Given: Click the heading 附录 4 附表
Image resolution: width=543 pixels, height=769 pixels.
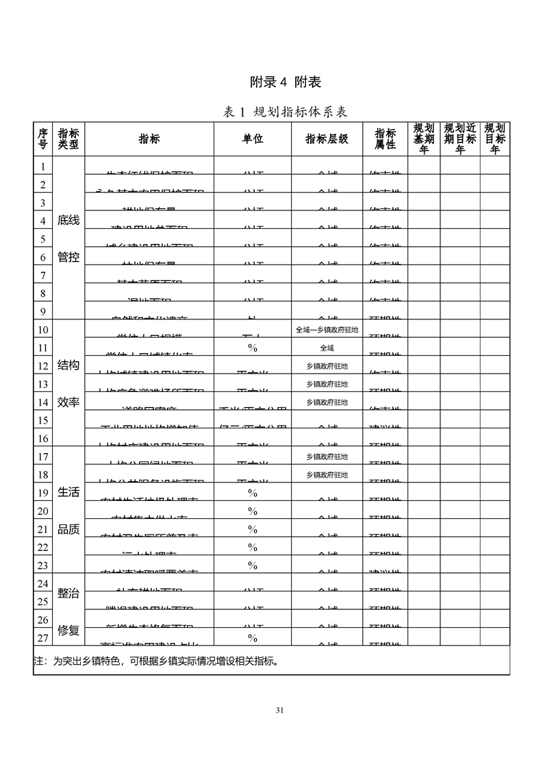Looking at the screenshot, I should coord(285,82).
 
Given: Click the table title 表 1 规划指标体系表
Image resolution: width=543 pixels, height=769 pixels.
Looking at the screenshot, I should coord(285,112).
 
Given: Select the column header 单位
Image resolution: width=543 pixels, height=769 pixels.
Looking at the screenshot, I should coord(253,139).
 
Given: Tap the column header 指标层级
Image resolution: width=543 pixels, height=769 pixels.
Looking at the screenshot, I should coord(327,139).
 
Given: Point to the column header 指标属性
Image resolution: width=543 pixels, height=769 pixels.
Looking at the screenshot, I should coord(385,139).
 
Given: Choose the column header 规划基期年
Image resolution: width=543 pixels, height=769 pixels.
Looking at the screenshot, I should coord(424,139).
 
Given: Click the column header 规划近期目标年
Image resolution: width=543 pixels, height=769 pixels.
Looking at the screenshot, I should coord(459,139).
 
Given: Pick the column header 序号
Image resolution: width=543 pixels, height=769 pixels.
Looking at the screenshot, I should coord(42,139).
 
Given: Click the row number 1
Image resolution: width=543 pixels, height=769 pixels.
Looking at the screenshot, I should coord(42,167).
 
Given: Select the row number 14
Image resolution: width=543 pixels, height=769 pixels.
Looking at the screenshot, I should coord(42,402).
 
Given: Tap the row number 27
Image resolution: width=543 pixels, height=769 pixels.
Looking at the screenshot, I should coord(42,637).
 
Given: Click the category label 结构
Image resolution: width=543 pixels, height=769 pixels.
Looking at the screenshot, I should coord(68,365).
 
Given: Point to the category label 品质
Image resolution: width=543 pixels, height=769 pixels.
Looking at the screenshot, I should coord(68,529).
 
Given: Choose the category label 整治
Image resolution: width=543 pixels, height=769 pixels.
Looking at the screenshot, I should coord(68,594).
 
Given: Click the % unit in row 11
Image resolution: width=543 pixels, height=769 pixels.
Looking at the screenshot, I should coord(253,348).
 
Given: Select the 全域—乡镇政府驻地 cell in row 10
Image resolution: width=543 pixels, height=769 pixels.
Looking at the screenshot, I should coord(327,330).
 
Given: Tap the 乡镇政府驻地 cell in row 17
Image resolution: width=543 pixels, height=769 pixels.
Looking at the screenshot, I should coord(327,456).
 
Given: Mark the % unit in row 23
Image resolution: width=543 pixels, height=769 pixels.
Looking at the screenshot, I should coord(253,565).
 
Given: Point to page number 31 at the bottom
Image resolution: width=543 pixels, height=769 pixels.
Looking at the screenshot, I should coord(279,710).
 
